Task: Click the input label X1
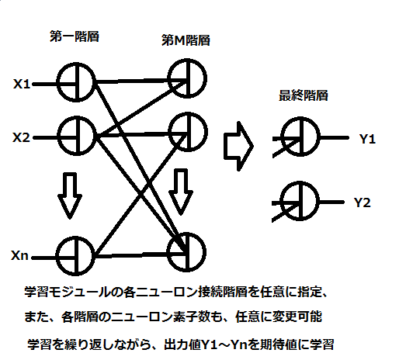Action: point(22,84)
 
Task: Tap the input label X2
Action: point(21,137)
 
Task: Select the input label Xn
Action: point(19,255)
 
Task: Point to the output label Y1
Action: point(367,139)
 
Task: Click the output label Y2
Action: point(363,202)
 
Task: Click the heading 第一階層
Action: point(75,36)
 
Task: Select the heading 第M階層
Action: point(186,40)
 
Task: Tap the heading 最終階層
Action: point(304,95)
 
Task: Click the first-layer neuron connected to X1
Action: point(57,82)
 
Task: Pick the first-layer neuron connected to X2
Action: point(57,136)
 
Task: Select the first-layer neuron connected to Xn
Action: point(56,256)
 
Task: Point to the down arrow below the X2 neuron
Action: point(70,196)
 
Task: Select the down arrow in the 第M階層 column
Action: point(181,192)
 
